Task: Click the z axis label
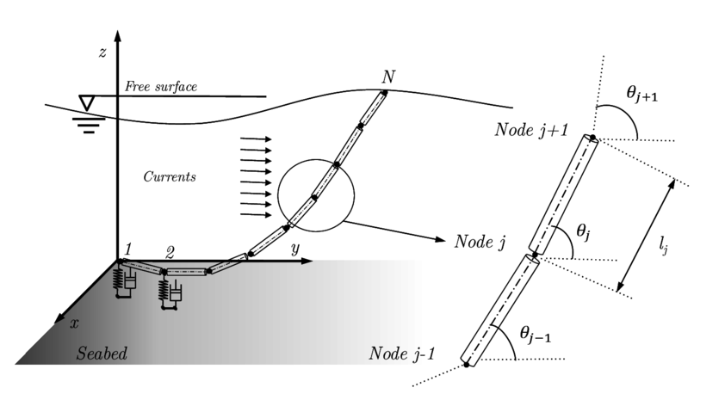(102, 53)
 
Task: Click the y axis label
(294, 249)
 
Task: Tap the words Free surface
(162, 87)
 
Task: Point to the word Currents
(170, 177)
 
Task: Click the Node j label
(480, 241)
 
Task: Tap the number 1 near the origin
(127, 249)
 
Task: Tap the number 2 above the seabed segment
(170, 252)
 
